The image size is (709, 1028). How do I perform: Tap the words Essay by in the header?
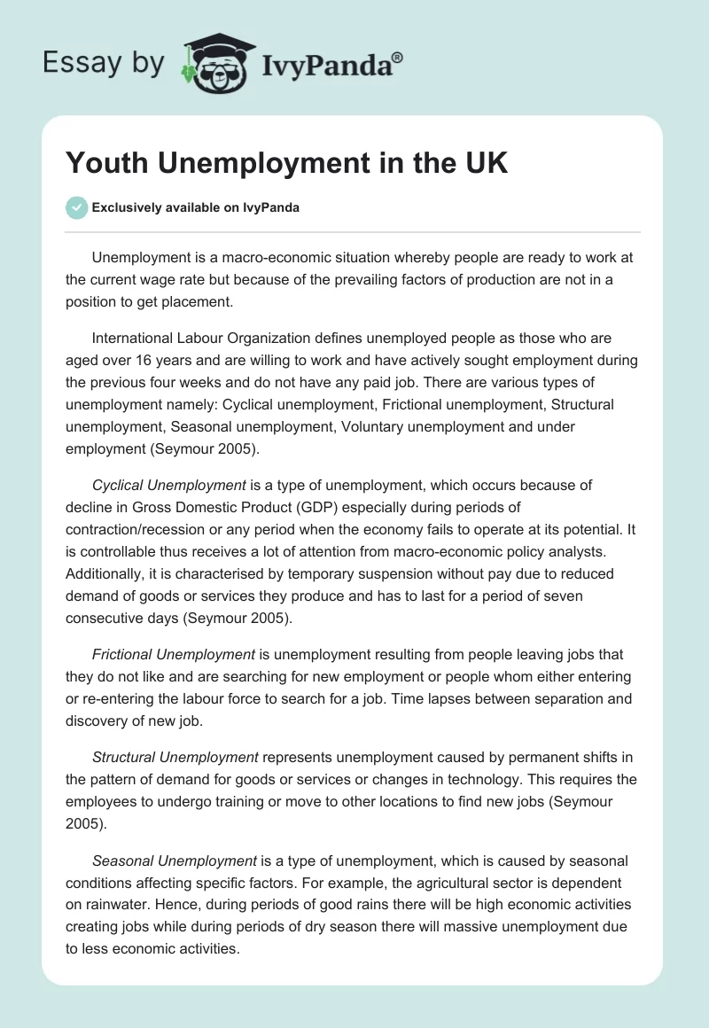105,64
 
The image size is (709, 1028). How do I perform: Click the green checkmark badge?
76,207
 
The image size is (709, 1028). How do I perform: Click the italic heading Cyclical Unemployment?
169,485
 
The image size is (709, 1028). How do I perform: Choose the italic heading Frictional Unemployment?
174,654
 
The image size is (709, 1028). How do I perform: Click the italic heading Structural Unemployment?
175,757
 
